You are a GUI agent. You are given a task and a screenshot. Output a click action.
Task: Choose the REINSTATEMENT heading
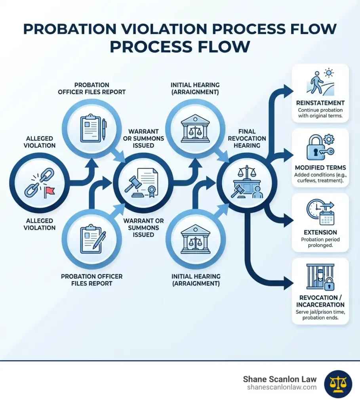(x=320, y=103)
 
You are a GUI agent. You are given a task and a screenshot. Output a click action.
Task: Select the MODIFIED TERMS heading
(x=320, y=168)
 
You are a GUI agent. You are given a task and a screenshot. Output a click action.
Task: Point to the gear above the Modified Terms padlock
(x=329, y=139)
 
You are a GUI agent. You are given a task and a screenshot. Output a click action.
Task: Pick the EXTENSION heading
(x=320, y=232)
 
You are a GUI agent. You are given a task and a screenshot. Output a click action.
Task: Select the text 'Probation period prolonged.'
(x=320, y=243)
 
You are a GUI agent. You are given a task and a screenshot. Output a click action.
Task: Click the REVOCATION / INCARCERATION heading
(x=320, y=301)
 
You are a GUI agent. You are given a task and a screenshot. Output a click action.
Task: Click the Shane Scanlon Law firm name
(x=280, y=379)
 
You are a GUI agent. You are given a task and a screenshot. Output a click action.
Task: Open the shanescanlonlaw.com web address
(x=281, y=387)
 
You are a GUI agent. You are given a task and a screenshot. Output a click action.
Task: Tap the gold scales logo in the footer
(x=338, y=383)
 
